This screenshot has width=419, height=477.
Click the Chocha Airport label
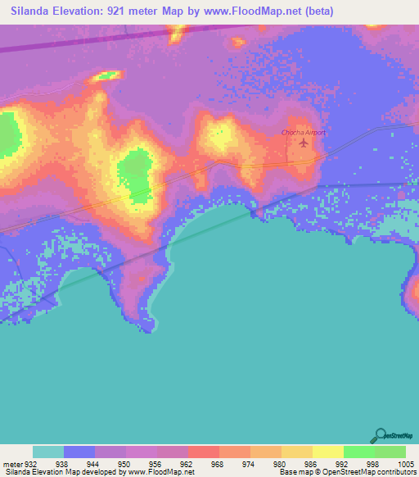[303, 133]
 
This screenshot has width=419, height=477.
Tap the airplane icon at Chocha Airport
[304, 143]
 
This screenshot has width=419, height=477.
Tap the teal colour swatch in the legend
[48, 452]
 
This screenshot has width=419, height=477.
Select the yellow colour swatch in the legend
[328, 452]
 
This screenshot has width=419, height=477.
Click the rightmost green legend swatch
[390, 452]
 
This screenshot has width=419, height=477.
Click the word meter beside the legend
[11, 464]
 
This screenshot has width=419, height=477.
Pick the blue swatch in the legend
[79, 452]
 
